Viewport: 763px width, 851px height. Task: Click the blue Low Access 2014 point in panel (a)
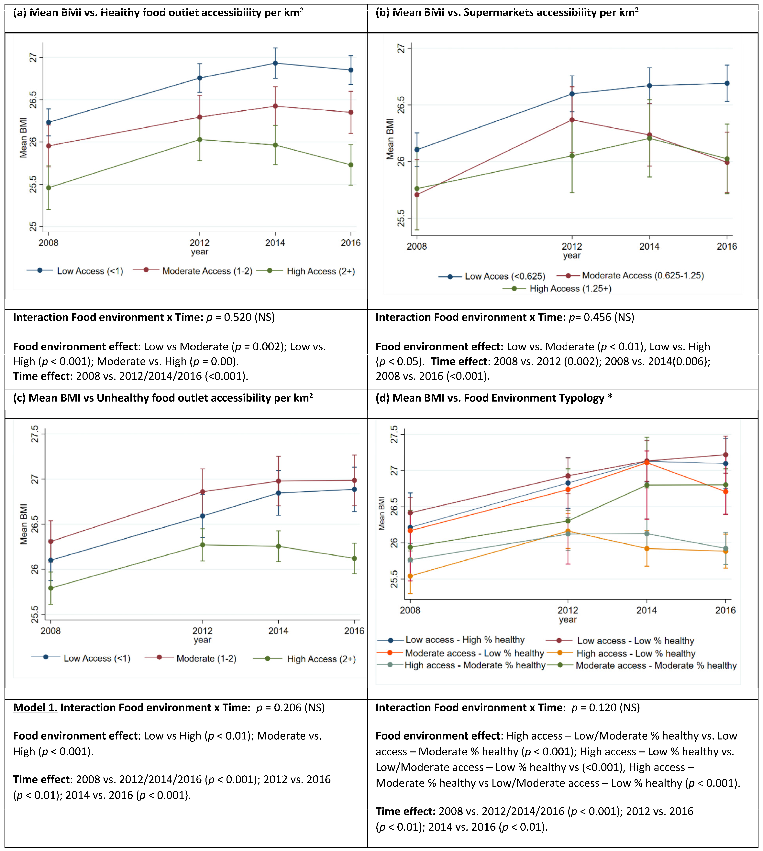coord(275,63)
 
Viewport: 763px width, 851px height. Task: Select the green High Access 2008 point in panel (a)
coord(49,188)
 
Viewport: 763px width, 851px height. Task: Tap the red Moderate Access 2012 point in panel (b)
coord(572,120)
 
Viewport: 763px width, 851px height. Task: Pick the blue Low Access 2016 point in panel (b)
coord(727,83)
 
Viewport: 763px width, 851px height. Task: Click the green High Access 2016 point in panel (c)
coord(354,559)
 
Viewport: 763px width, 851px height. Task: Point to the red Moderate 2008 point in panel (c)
coord(51,541)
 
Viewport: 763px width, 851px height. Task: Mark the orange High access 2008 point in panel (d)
coord(410,576)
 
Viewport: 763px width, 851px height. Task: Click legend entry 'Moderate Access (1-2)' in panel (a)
coord(207,271)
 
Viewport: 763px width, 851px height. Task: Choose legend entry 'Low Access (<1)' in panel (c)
coord(97,658)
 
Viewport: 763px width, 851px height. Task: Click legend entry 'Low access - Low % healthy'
coord(635,641)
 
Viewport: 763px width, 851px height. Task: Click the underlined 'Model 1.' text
coord(35,708)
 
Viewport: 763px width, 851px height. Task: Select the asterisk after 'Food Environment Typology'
coord(610,396)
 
